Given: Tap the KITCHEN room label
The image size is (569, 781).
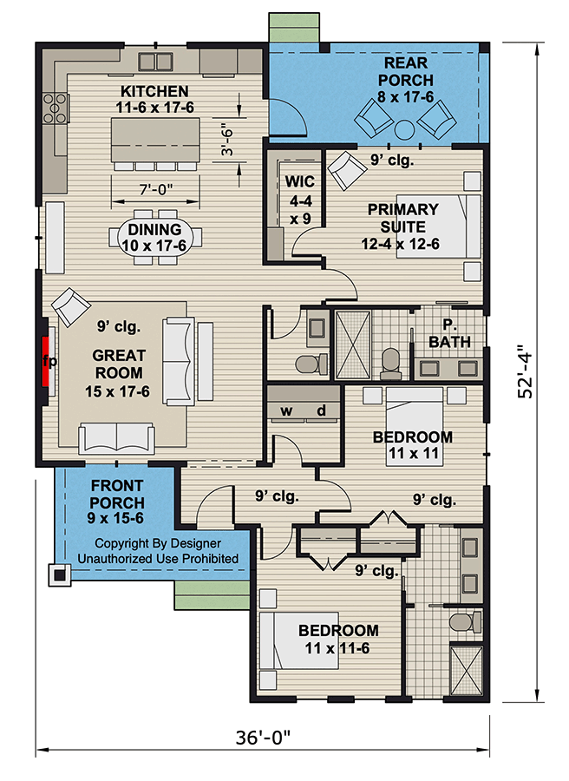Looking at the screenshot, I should (154, 91).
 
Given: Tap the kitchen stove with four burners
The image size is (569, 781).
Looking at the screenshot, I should (56, 109).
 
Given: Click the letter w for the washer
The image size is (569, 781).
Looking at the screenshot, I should (284, 410).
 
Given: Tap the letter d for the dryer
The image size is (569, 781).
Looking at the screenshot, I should (320, 410).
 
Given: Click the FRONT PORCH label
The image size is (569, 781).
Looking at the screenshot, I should (116, 502).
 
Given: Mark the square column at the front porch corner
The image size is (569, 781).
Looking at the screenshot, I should (58, 574).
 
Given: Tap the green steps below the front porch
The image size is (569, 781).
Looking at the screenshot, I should (206, 596).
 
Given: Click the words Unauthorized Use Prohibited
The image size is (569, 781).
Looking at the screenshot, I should (158, 559).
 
